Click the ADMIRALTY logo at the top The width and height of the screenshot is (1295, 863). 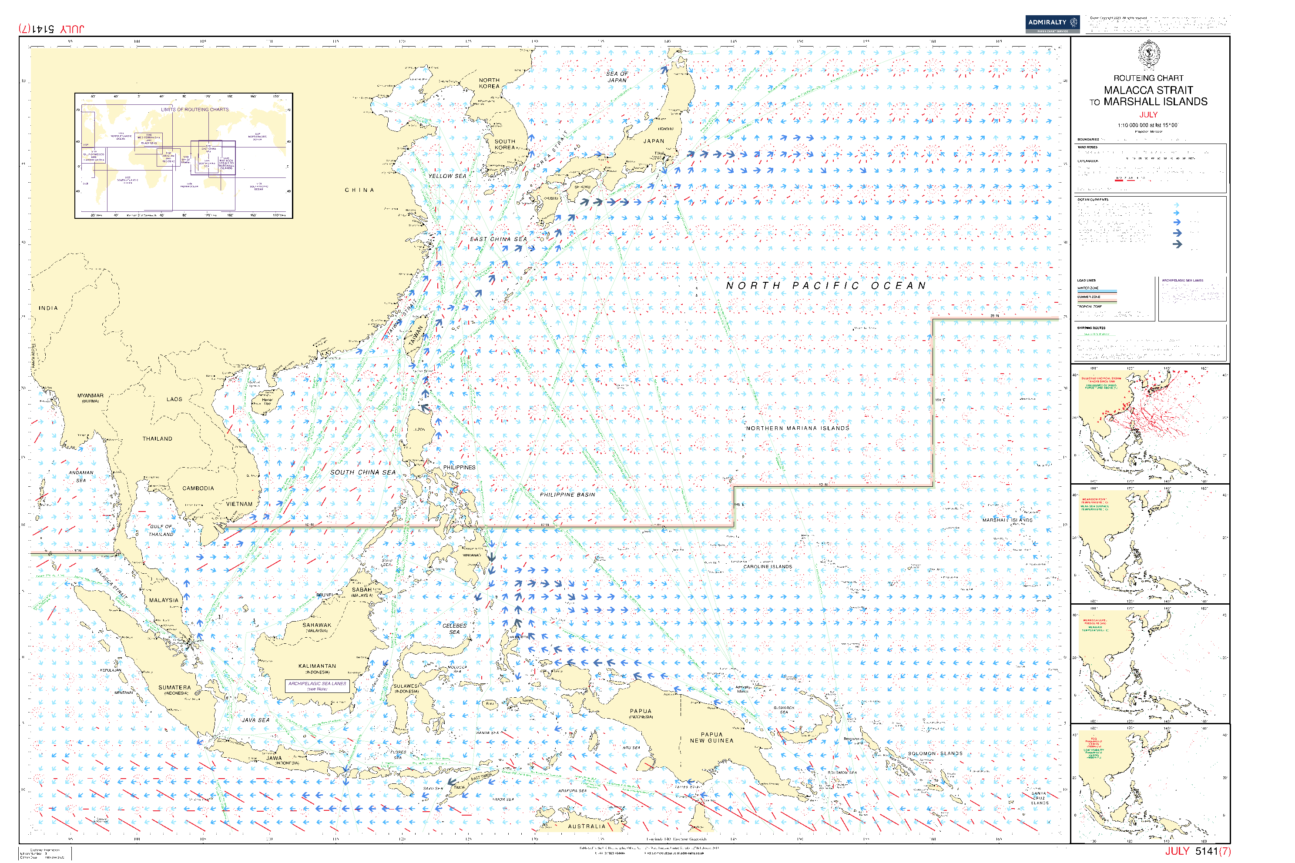(1052, 23)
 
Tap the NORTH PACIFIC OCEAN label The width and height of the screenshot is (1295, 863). (826, 286)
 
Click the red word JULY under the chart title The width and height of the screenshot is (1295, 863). (1148, 114)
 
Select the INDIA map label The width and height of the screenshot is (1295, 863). (48, 308)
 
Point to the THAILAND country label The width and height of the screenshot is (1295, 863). (158, 438)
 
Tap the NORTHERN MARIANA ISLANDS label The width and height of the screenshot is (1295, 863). (797, 428)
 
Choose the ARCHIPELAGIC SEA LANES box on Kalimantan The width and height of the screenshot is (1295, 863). (317, 686)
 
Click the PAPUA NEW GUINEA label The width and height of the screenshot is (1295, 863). (711, 738)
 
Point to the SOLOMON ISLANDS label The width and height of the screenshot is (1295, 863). (935, 753)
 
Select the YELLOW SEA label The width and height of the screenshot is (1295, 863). (447, 176)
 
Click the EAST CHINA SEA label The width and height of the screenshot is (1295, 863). (498, 239)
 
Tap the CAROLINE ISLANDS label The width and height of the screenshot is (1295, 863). (768, 566)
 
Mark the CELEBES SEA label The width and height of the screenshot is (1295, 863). (454, 629)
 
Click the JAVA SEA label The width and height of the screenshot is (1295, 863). (256, 720)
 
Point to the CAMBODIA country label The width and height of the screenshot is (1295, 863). (198, 488)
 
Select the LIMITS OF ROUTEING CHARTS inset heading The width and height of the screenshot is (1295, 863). (195, 110)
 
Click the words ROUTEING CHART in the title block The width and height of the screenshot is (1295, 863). (1148, 78)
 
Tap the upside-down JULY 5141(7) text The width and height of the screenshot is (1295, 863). (51, 29)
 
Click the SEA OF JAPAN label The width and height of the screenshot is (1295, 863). (617, 77)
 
